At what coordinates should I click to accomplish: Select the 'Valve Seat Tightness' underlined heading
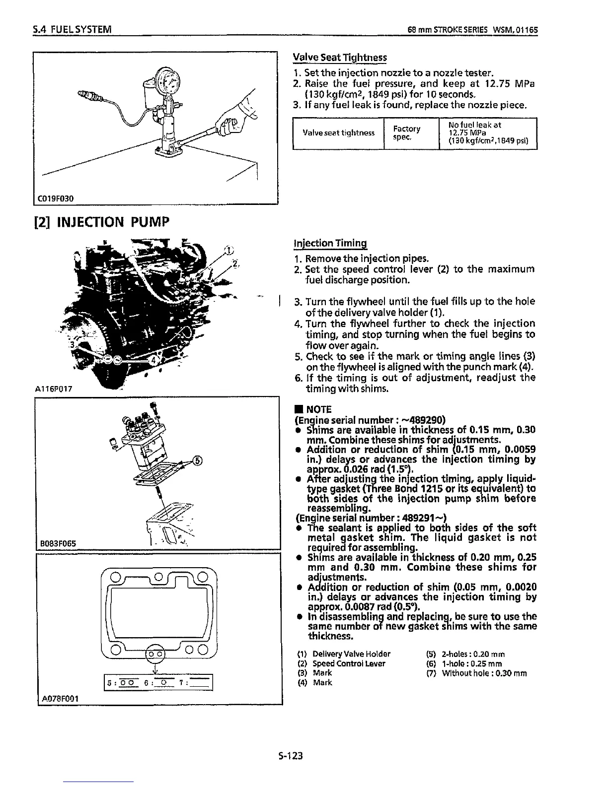tap(340, 57)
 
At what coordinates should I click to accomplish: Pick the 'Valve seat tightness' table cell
tap(338, 132)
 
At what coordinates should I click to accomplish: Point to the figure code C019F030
tap(56, 198)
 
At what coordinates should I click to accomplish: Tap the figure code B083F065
tap(56, 543)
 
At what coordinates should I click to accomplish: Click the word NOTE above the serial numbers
tap(318, 409)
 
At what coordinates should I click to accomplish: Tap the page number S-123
tap(291, 756)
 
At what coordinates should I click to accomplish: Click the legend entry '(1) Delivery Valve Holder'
tap(344, 654)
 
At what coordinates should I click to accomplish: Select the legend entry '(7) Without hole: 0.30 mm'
tap(476, 673)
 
